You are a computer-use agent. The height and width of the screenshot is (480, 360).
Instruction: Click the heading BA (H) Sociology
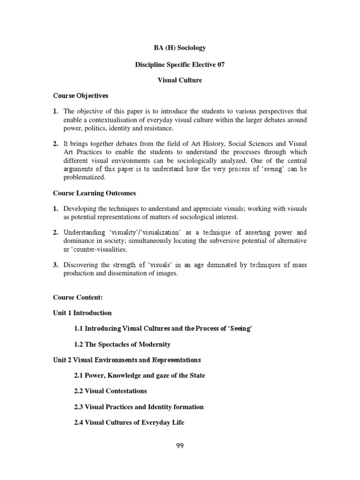coord(180,48)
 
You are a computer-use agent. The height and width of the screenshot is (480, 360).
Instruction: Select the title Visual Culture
coord(180,80)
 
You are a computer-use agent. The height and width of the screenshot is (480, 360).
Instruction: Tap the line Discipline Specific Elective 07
coord(180,64)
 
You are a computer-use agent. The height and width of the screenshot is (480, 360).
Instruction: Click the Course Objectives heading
coord(81,96)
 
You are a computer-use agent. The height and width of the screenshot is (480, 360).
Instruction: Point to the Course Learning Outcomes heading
coord(94,193)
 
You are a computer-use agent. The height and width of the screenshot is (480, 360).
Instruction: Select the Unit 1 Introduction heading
coord(82,313)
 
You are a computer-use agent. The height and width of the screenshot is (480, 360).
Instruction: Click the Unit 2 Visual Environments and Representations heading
coord(127,360)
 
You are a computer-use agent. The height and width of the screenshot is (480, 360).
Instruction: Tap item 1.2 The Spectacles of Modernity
coord(122,345)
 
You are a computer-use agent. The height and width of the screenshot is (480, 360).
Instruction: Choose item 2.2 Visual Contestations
coord(110,391)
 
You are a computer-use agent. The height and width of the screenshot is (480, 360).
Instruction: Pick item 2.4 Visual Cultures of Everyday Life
coord(129,422)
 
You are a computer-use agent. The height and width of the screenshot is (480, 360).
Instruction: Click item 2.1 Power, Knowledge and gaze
coord(140,375)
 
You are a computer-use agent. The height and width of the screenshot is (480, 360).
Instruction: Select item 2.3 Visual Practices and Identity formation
coord(139,407)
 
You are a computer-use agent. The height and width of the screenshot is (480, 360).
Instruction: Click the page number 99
coord(180,446)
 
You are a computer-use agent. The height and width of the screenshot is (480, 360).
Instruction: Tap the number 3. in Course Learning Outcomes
coord(55,265)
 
